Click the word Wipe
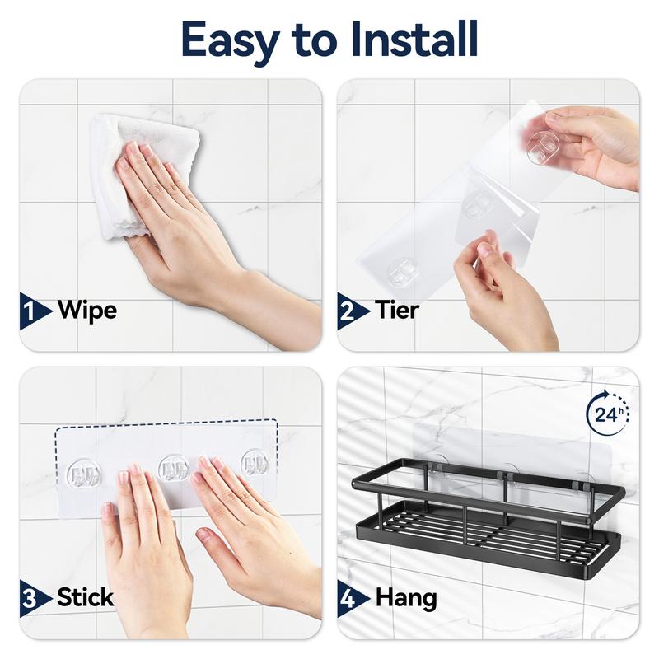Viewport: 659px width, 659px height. click(x=87, y=311)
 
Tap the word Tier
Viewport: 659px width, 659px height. click(x=397, y=311)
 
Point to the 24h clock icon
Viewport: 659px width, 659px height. click(x=608, y=410)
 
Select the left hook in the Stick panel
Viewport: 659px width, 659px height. click(x=85, y=473)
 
